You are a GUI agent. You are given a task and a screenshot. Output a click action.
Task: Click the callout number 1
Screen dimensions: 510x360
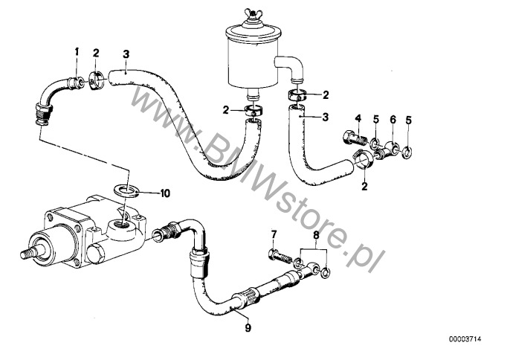pyautogui.click(x=77, y=52)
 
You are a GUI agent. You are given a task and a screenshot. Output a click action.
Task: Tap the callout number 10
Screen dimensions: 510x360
pyautogui.click(x=165, y=193)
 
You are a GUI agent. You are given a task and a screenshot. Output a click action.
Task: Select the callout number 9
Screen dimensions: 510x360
pyautogui.click(x=248, y=328)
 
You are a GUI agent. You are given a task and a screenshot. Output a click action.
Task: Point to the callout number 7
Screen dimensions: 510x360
pyautogui.click(x=274, y=234)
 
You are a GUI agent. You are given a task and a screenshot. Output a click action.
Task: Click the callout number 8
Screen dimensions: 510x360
pyautogui.click(x=316, y=235)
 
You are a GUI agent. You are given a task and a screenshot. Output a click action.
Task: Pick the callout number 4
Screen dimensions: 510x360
pyautogui.click(x=358, y=119)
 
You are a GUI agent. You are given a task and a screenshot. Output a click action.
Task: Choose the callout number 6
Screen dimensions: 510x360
pyautogui.click(x=393, y=120)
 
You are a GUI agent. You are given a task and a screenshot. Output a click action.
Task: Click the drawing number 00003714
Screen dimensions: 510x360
pyautogui.click(x=465, y=339)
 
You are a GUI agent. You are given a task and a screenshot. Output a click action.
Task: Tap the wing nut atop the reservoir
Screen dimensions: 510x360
pyautogui.click(x=250, y=16)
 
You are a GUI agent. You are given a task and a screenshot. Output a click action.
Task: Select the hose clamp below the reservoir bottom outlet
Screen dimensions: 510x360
pyautogui.click(x=254, y=110)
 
